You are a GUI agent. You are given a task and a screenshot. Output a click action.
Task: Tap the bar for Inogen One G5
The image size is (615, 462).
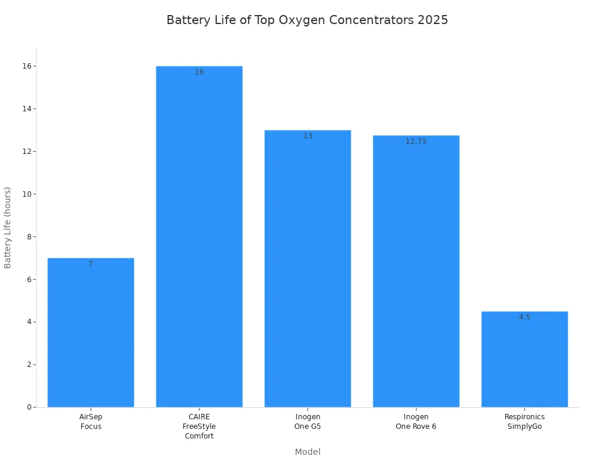point(307,268)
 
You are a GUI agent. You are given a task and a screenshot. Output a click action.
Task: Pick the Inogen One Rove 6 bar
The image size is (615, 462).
point(416,271)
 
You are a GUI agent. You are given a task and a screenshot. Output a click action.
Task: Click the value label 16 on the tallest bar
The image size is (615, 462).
point(199,72)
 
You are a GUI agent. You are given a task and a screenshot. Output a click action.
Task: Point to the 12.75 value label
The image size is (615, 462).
point(416,141)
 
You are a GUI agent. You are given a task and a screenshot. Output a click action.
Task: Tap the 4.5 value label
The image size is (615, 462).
point(524,317)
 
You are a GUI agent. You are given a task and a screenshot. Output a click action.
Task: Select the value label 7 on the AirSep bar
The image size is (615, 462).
point(91,264)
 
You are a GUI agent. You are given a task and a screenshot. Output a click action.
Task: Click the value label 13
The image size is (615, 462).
point(307,136)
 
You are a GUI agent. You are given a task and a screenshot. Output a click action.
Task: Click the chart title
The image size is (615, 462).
point(307,20)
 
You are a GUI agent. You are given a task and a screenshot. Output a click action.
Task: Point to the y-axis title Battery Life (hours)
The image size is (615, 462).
point(8,227)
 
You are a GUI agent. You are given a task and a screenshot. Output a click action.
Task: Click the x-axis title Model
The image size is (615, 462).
point(307,452)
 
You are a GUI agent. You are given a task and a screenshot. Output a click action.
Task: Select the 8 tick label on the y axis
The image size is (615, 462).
point(29,236)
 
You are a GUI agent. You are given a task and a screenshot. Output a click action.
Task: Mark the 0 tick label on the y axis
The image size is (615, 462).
point(29,407)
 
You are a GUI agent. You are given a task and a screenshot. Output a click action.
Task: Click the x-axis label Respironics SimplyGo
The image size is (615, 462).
point(524,421)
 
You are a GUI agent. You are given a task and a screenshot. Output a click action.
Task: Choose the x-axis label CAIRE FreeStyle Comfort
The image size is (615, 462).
point(199,426)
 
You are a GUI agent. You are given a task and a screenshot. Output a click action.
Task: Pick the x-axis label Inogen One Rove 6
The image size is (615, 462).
point(416,421)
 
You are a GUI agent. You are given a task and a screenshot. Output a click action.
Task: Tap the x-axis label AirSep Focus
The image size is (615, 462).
point(91,421)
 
